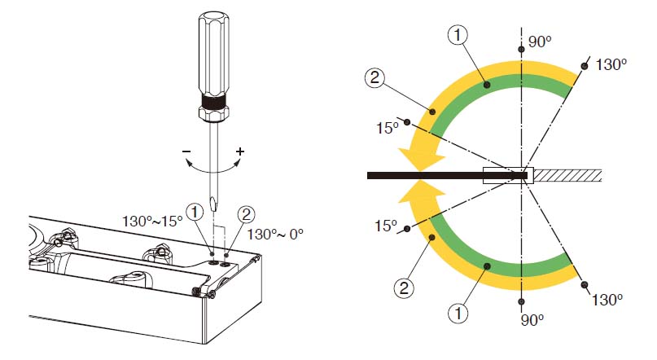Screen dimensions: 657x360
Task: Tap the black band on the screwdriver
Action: point(213,101)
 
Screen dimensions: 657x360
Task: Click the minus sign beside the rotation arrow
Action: point(186,151)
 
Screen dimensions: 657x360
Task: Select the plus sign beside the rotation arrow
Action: point(240,151)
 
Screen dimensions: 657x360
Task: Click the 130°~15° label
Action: point(152,221)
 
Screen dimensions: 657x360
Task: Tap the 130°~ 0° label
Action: point(275,234)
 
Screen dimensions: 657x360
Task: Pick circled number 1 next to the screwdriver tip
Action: point(195,212)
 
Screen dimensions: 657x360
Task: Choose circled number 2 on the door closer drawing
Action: point(246,214)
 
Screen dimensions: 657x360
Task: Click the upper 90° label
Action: point(540,42)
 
